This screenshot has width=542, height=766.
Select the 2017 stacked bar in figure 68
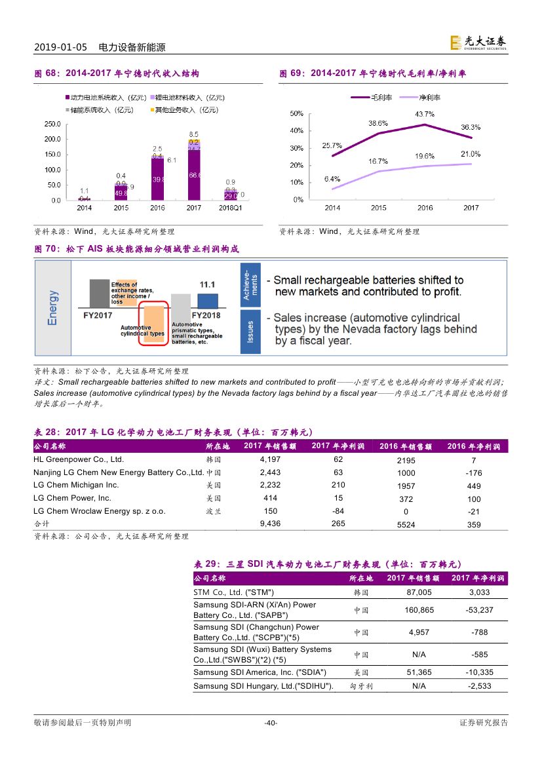(194, 170)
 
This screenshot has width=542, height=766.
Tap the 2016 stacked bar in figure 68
(157, 178)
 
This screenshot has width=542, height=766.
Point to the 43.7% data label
(425, 114)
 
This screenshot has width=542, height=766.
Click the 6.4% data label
(332, 178)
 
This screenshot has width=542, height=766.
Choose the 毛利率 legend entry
(371, 97)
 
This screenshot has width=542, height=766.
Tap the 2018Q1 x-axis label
(230, 208)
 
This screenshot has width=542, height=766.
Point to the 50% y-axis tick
(296, 114)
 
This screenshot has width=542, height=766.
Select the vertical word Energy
(53, 307)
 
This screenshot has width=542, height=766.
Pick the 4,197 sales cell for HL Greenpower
(270, 459)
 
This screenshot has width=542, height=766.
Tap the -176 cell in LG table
(474, 472)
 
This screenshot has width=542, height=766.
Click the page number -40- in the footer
(271, 723)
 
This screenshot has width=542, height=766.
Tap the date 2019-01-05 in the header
(60, 47)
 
